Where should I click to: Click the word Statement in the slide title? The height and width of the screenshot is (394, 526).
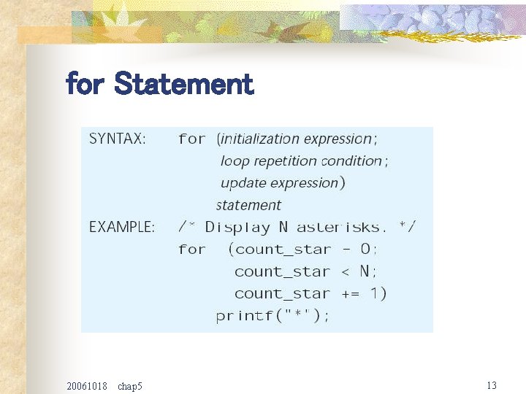(x=184, y=85)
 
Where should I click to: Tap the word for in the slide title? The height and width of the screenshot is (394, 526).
(x=85, y=85)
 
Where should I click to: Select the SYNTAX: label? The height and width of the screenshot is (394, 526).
(x=118, y=139)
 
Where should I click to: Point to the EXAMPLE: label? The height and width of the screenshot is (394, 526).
(x=122, y=228)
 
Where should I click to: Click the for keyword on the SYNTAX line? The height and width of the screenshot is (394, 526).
(x=191, y=139)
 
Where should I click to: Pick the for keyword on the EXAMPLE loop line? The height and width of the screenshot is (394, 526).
(x=191, y=250)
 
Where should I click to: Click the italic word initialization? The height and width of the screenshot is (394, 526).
(x=260, y=139)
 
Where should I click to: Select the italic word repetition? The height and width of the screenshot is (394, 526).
(x=285, y=161)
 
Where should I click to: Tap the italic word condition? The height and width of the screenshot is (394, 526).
(x=351, y=161)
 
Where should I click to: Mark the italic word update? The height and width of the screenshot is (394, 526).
(x=243, y=183)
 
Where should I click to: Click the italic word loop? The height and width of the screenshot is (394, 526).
(x=235, y=161)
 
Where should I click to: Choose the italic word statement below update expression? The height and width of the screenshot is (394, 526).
(x=248, y=206)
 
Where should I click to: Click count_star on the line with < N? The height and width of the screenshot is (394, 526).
(x=282, y=272)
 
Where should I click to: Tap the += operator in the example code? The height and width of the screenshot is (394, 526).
(x=351, y=294)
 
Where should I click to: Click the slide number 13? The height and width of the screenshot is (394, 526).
(x=492, y=385)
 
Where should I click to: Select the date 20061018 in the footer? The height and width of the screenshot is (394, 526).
(x=86, y=385)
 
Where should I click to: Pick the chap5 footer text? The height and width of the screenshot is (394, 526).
(x=129, y=385)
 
